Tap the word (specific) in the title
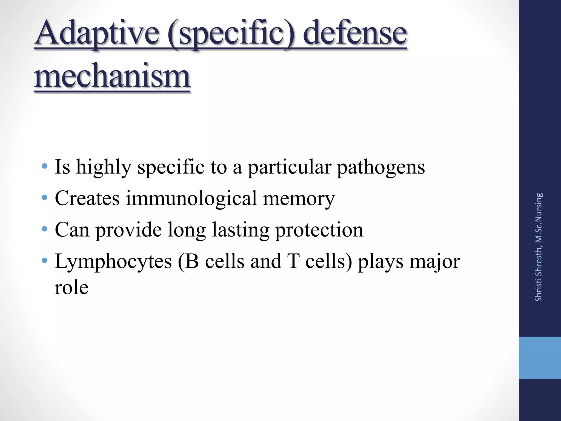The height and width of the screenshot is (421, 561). [231, 34]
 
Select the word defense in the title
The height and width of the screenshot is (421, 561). [355, 33]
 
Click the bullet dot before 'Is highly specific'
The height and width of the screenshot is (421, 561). [44, 166]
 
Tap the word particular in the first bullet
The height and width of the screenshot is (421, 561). [289, 167]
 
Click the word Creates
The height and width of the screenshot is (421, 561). [87, 198]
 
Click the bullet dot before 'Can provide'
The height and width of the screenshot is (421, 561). [44, 229]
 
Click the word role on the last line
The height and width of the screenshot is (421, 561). [71, 288]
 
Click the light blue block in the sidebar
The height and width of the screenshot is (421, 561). [540, 358]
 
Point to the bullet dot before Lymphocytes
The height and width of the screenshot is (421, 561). [44, 260]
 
